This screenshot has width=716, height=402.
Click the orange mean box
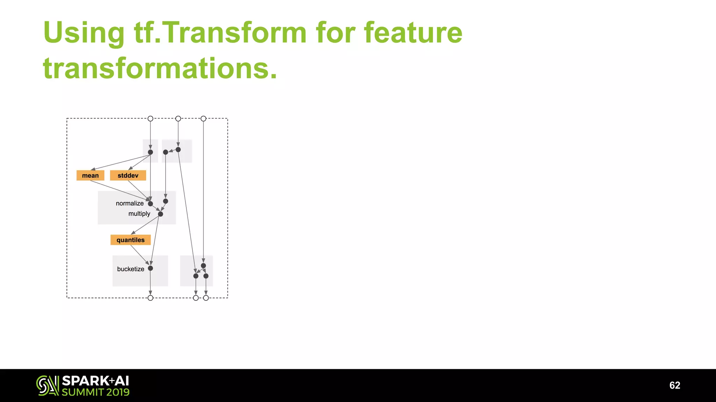click(90, 176)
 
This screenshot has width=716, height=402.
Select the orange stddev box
click(128, 176)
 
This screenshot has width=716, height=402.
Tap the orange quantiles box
click(130, 240)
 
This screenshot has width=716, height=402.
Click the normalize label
click(130, 203)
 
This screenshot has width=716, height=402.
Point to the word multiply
click(139, 214)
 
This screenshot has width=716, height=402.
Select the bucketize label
click(130, 269)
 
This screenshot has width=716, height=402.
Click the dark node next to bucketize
click(150, 268)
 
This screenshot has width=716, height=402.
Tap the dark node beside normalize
click(150, 204)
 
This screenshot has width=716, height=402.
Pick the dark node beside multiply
click(160, 214)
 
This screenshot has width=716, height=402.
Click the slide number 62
click(674, 385)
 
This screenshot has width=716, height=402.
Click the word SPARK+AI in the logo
click(95, 381)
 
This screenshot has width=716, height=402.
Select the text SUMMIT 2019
click(95, 392)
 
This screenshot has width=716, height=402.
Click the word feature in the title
click(413, 33)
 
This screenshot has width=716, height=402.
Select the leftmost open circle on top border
click(150, 119)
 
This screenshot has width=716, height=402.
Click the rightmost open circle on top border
click(203, 119)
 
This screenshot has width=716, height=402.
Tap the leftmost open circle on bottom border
click(150, 298)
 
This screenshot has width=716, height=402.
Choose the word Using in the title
click(84, 33)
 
